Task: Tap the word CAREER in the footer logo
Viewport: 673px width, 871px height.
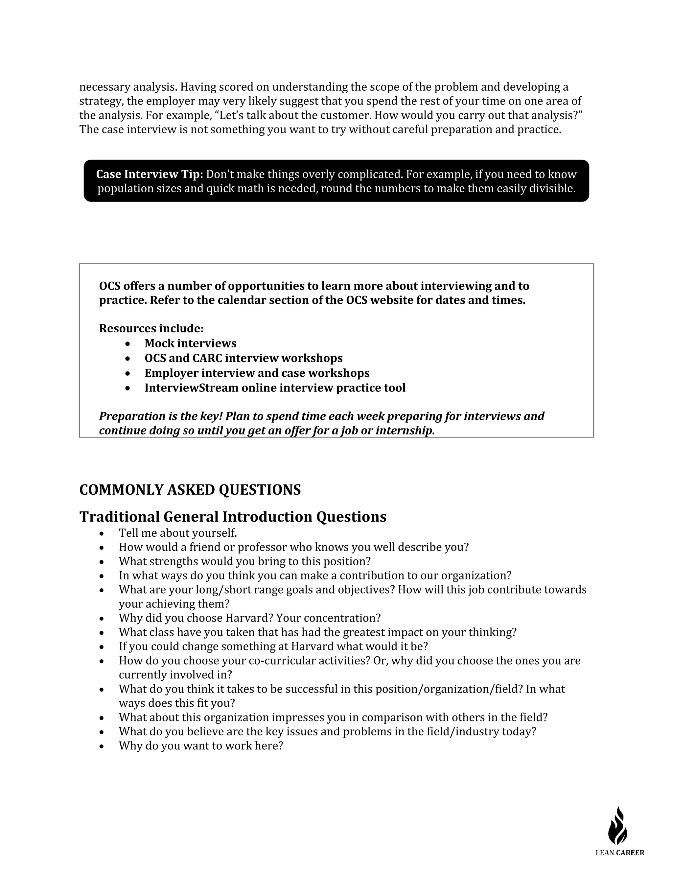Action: pyautogui.click(x=630, y=853)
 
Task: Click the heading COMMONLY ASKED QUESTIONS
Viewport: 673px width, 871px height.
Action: pyautogui.click(x=190, y=490)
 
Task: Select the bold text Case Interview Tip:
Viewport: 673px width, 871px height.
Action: pyautogui.click(x=150, y=174)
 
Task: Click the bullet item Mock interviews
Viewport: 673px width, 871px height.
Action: pyautogui.click(x=190, y=343)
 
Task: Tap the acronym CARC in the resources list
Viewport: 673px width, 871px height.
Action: pyautogui.click(x=207, y=358)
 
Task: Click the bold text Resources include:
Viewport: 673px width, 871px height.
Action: pyautogui.click(x=151, y=329)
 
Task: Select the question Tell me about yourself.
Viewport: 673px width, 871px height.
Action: pyautogui.click(x=177, y=533)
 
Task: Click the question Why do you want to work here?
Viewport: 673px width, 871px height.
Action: pyautogui.click(x=200, y=746)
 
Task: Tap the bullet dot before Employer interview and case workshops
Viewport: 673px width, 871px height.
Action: pyautogui.click(x=128, y=373)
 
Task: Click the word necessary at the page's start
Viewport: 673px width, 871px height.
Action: pyautogui.click(x=104, y=87)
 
